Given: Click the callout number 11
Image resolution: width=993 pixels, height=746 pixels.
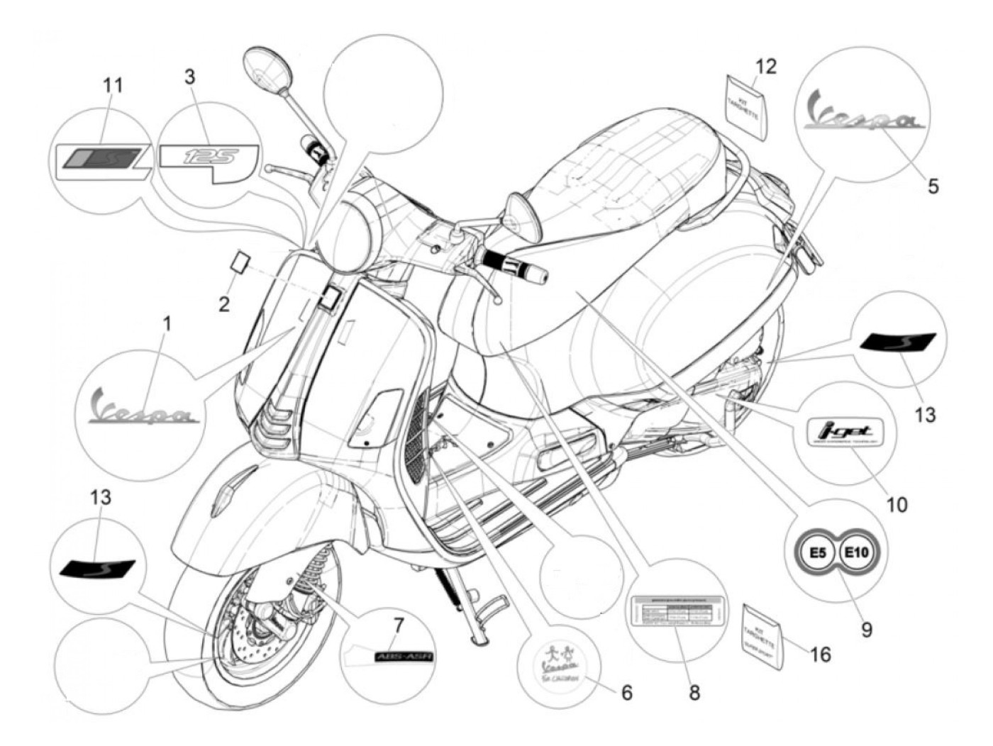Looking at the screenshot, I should pyautogui.click(x=113, y=86).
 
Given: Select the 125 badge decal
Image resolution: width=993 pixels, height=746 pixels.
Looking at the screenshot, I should pyautogui.click(x=209, y=156).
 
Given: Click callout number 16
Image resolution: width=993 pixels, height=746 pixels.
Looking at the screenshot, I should pyautogui.click(x=821, y=654).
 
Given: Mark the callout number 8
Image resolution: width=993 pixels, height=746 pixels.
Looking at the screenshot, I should pyautogui.click(x=694, y=692).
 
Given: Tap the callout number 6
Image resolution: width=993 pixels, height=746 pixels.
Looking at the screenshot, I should pyautogui.click(x=627, y=691).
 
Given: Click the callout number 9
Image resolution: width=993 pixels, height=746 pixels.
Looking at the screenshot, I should pyautogui.click(x=867, y=630).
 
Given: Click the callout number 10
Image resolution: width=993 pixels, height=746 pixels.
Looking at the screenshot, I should pyautogui.click(x=897, y=504).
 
